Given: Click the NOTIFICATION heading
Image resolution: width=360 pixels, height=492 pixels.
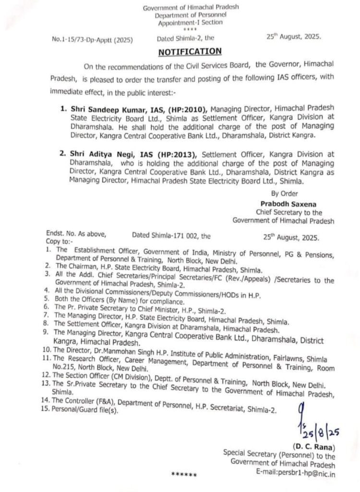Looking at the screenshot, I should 191,51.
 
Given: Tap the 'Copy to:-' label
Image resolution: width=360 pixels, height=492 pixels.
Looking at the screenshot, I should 59,243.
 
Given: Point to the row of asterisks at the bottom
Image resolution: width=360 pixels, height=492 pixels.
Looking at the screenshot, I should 184,474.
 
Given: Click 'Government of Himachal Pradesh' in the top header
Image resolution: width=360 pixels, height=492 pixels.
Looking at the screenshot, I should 191,8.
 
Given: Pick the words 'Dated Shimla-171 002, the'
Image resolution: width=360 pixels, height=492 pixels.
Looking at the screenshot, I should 171,236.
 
